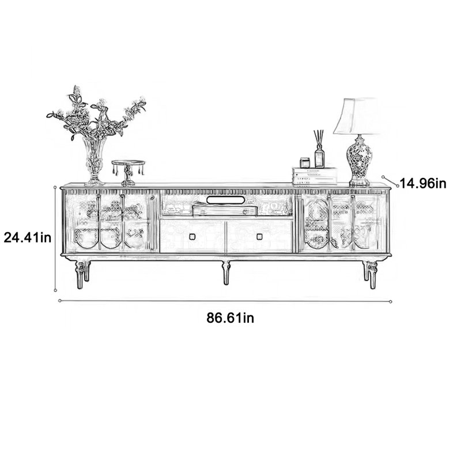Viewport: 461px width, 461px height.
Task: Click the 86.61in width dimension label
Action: [230, 318]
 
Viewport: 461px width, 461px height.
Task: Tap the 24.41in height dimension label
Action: [27, 237]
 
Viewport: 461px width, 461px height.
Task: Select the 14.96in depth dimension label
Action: [423, 183]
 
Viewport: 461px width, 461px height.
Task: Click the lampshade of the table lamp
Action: [356, 116]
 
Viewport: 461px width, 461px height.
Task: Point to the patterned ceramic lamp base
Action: [359, 160]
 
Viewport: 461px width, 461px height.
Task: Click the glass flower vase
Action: [95, 162]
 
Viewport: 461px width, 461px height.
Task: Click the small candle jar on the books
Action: [305, 163]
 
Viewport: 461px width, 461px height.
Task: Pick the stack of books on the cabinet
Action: [315, 176]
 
